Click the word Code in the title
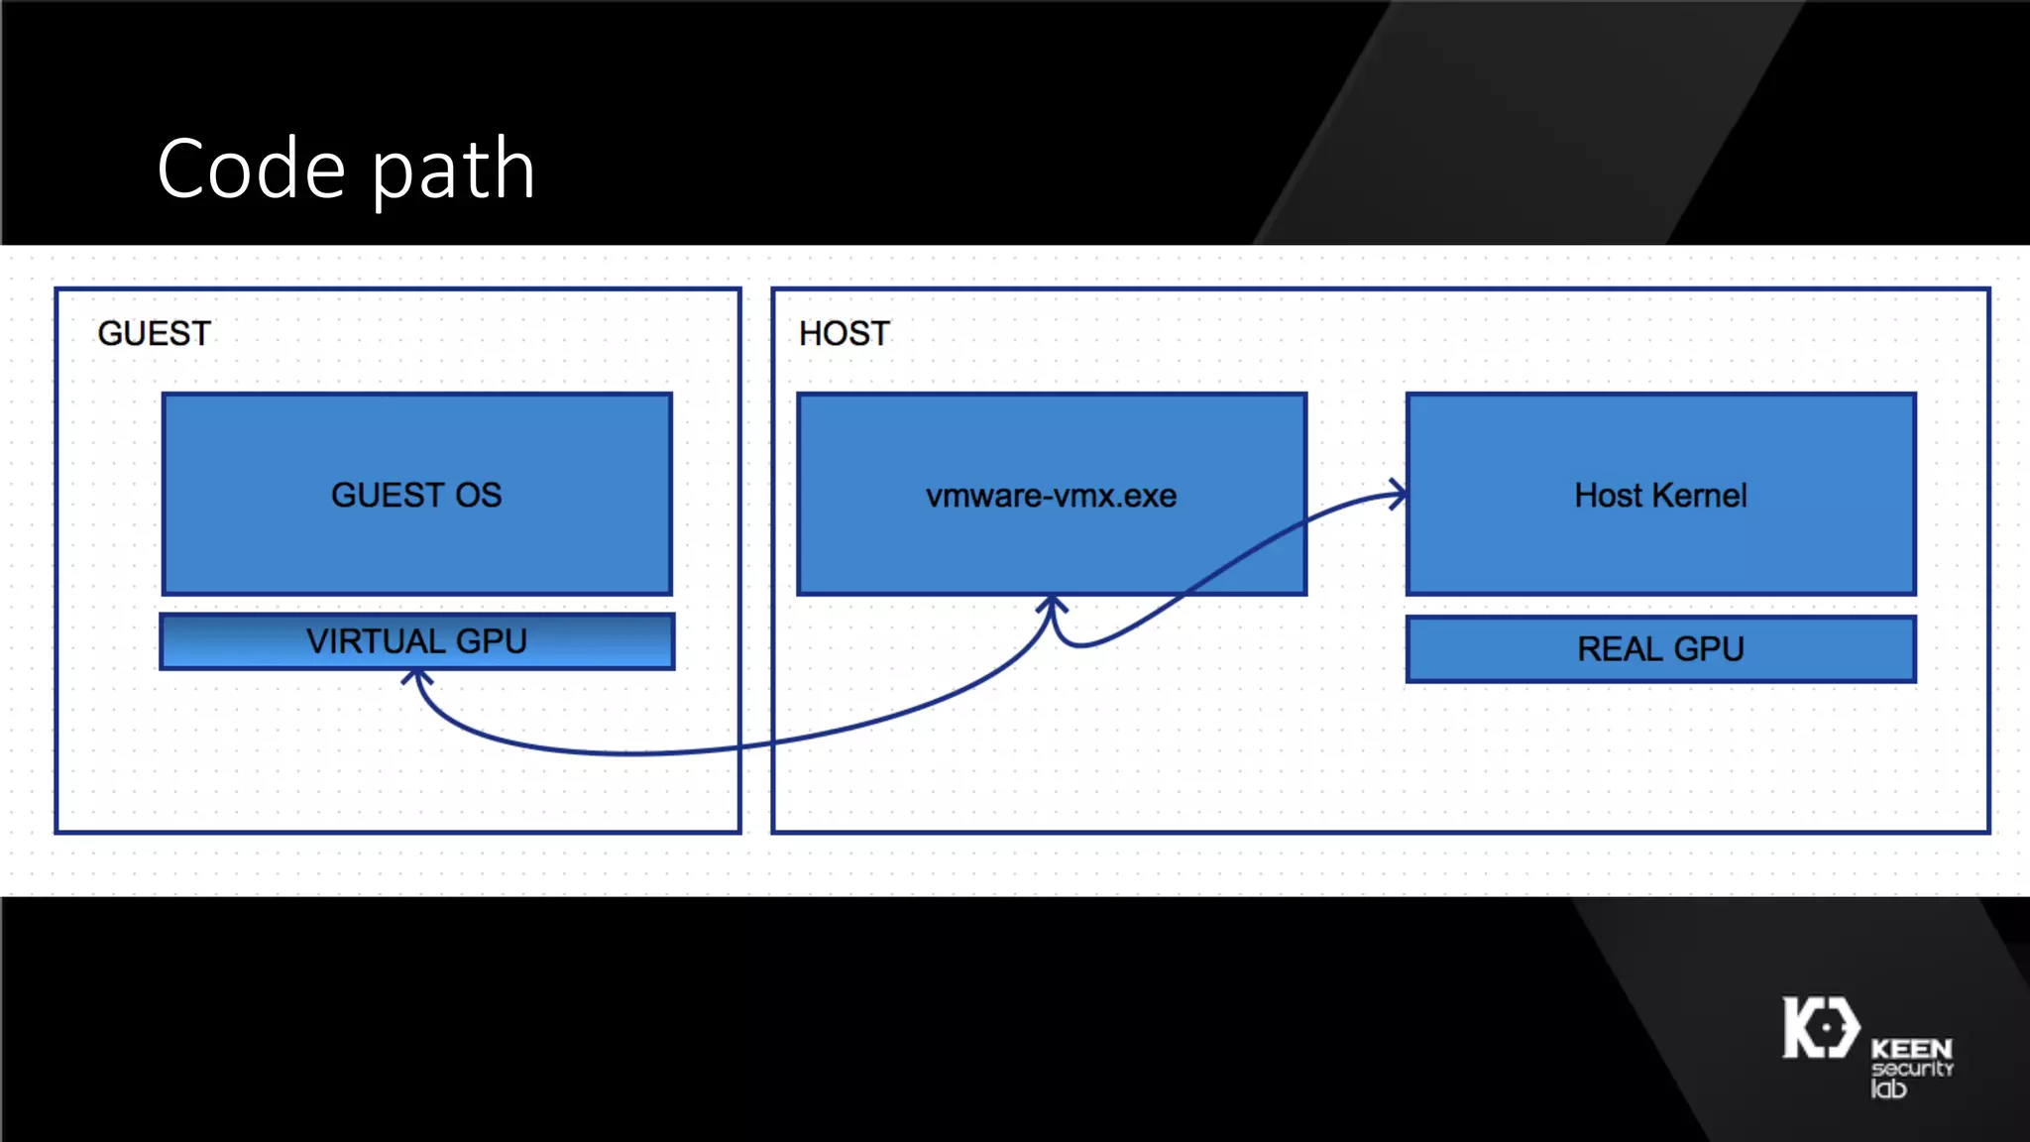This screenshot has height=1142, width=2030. (x=251, y=170)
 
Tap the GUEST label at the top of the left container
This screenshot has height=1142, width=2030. (x=155, y=334)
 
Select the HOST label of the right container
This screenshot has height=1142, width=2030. (x=845, y=334)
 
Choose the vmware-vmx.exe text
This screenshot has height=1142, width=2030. (x=1051, y=496)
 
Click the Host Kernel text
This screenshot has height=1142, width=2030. (x=1660, y=496)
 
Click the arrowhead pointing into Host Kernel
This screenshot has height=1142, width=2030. (x=1398, y=494)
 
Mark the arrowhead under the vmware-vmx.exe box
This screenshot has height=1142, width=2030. (x=1052, y=605)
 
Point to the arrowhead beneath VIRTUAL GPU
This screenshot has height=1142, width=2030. (x=417, y=678)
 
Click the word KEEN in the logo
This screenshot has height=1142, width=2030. (x=1911, y=1049)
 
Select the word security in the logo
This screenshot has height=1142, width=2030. (x=1912, y=1069)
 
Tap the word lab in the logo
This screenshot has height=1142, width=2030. (x=1888, y=1088)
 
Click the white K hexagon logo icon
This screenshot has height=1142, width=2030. (x=1821, y=1027)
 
